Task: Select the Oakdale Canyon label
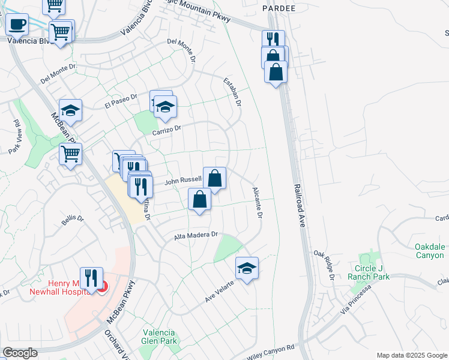[430, 251]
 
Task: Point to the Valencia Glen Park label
[158, 337]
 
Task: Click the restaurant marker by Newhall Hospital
[91, 278]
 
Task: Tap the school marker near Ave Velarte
[247, 268]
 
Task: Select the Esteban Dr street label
[232, 92]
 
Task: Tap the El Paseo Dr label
[121, 101]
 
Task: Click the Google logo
[20, 352]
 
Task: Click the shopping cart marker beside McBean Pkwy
[71, 154]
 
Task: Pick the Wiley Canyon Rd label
[271, 351]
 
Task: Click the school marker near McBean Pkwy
[70, 110]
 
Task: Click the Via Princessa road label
[357, 299]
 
